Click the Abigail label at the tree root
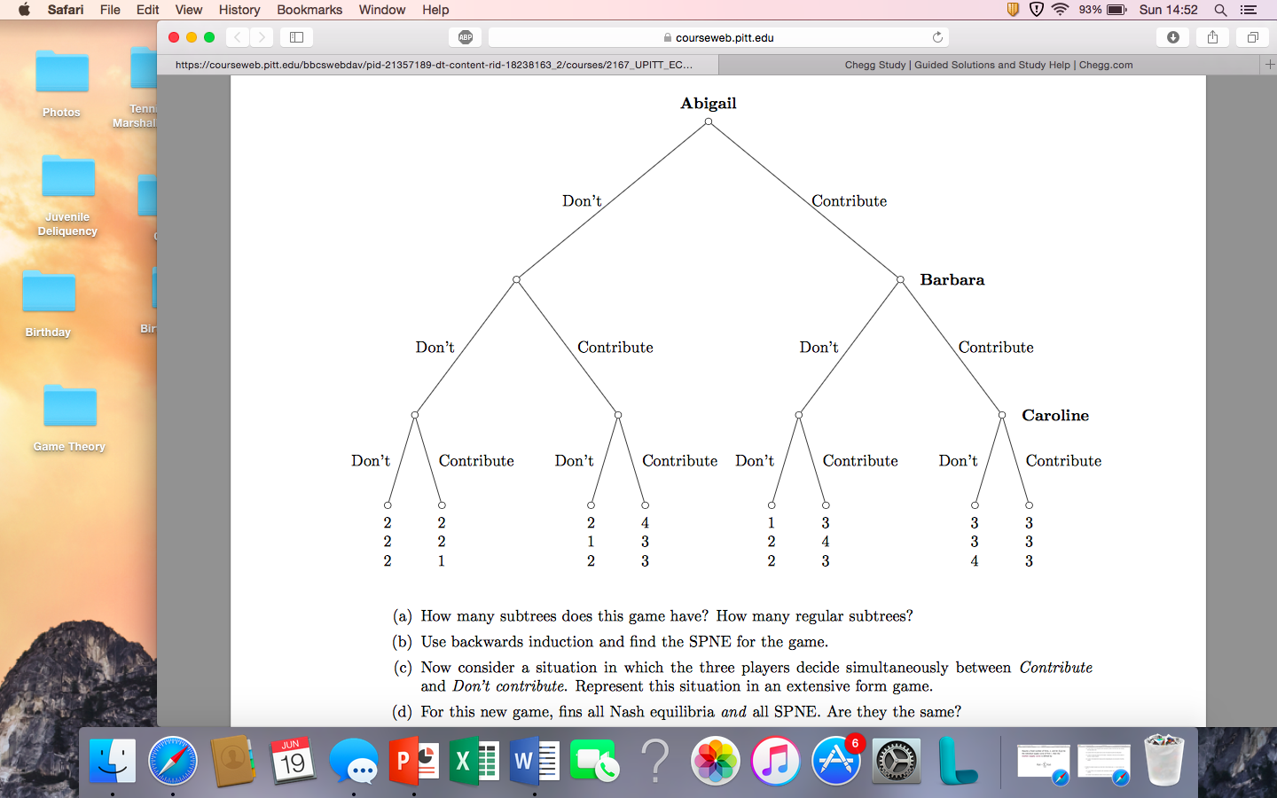(708, 103)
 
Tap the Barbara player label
(952, 280)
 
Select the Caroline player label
(1054, 416)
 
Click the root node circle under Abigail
(708, 122)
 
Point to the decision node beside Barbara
(900, 280)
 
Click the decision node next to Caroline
(1002, 415)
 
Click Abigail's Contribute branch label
(849, 201)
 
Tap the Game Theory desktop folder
(69, 408)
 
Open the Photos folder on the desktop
(62, 73)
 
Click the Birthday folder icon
(49, 293)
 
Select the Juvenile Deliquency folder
(68, 177)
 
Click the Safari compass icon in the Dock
(173, 761)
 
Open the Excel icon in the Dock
(474, 761)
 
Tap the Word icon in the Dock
(535, 761)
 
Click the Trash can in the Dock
(1163, 760)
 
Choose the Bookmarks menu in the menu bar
(309, 10)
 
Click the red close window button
(174, 37)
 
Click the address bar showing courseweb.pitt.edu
(718, 37)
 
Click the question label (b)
(403, 642)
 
